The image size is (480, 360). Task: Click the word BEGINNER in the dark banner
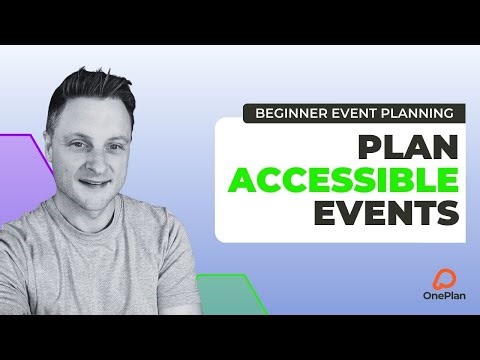coord(292,114)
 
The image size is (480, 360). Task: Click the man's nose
coord(97,162)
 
